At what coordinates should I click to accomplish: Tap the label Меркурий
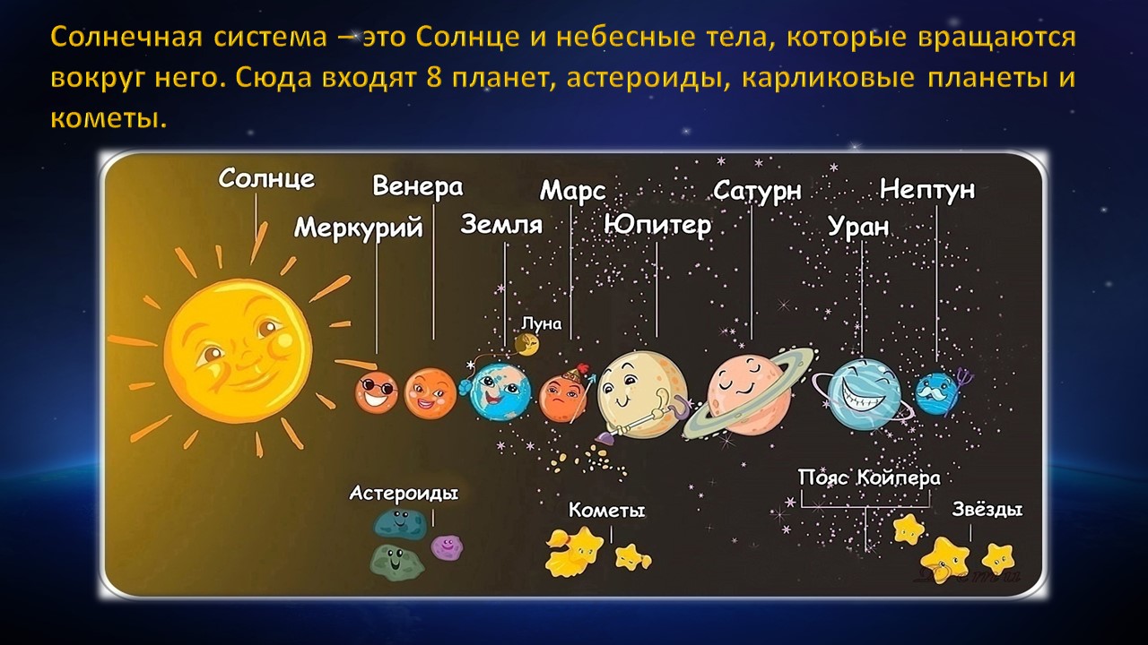(358, 228)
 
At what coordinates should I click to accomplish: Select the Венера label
(417, 186)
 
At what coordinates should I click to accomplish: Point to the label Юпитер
(657, 225)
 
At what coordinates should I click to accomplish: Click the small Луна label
(541, 323)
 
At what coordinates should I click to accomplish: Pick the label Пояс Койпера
(869, 478)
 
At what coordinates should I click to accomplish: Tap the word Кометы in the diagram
(606, 510)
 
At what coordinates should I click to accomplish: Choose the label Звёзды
(987, 509)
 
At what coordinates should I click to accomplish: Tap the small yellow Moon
(526, 345)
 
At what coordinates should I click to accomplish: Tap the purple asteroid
(447, 546)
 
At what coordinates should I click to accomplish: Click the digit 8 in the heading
(433, 78)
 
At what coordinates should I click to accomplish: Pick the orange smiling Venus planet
(430, 393)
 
